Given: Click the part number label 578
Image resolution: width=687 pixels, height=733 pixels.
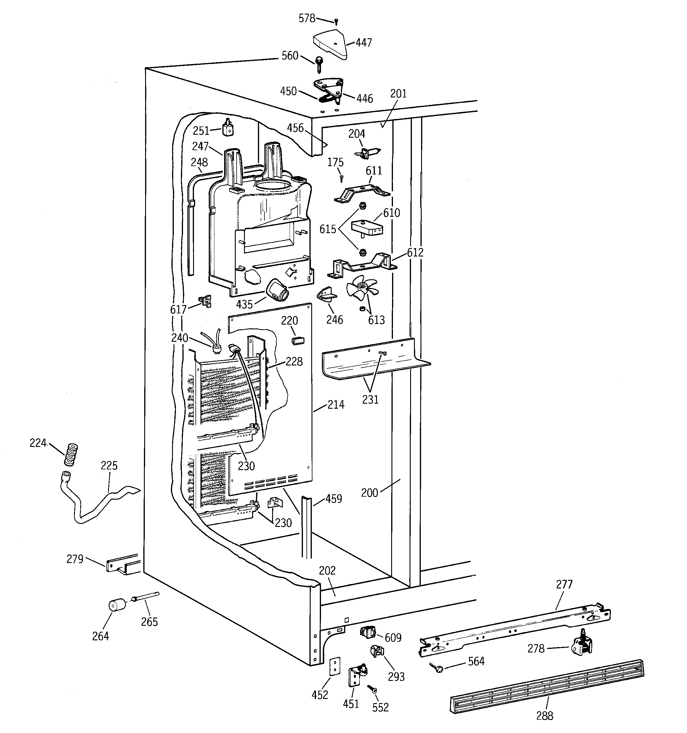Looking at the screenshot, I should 307,18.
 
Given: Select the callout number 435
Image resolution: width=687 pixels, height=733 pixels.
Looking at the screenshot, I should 244,304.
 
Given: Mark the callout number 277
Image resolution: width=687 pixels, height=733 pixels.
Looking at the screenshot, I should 564,584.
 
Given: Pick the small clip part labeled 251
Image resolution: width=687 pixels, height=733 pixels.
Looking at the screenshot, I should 228,128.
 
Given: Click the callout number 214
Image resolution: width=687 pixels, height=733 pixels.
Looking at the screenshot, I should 336,405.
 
